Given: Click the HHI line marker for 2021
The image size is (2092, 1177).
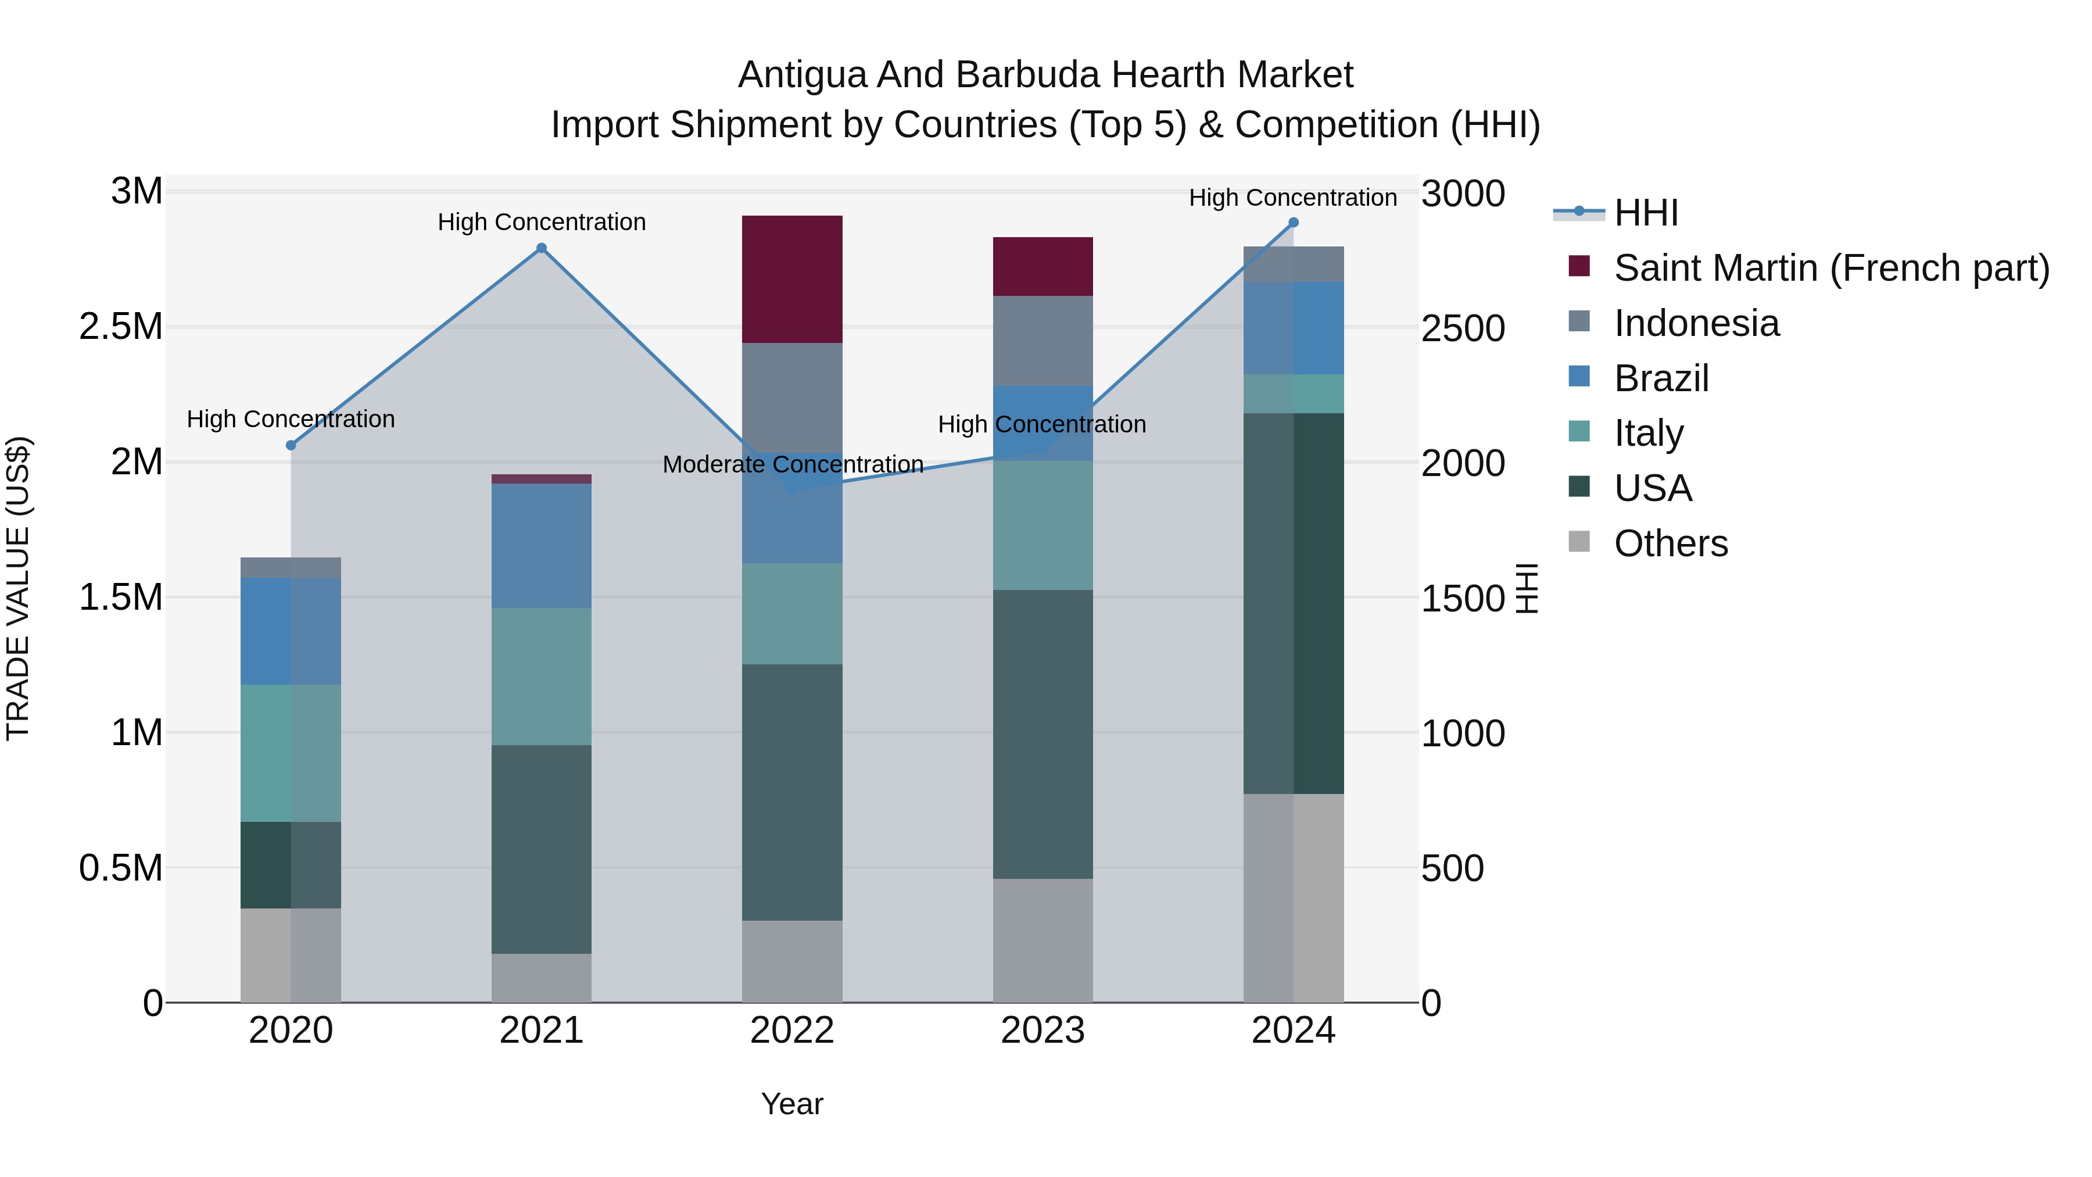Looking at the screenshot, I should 542,249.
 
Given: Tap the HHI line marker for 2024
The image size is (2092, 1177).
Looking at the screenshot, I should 1294,223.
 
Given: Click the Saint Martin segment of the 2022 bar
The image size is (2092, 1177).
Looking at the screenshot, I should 792,280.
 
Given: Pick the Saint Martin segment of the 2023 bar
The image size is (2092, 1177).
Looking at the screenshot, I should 1043,266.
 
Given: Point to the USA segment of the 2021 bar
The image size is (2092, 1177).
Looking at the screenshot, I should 542,849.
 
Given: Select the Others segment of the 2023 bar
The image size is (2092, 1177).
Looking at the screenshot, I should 1043,940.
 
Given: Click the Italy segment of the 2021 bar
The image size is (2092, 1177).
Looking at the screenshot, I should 542,676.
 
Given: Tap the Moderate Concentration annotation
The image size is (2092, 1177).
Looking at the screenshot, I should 793,464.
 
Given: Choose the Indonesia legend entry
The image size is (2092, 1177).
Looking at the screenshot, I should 1696,323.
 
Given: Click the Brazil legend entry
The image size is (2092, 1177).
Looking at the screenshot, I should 1661,378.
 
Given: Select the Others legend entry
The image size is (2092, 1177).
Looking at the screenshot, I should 1671,543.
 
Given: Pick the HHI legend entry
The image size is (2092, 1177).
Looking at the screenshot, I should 1645,213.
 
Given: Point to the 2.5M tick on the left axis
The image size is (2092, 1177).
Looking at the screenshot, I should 121,327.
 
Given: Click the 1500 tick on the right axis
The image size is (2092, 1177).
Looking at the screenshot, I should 1463,599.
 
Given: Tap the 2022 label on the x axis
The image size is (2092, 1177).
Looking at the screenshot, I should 792,1031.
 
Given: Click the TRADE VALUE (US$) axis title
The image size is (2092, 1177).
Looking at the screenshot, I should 18,588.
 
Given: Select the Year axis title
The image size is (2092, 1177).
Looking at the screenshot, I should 792,1104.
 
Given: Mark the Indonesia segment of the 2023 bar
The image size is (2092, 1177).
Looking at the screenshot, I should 1043,341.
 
